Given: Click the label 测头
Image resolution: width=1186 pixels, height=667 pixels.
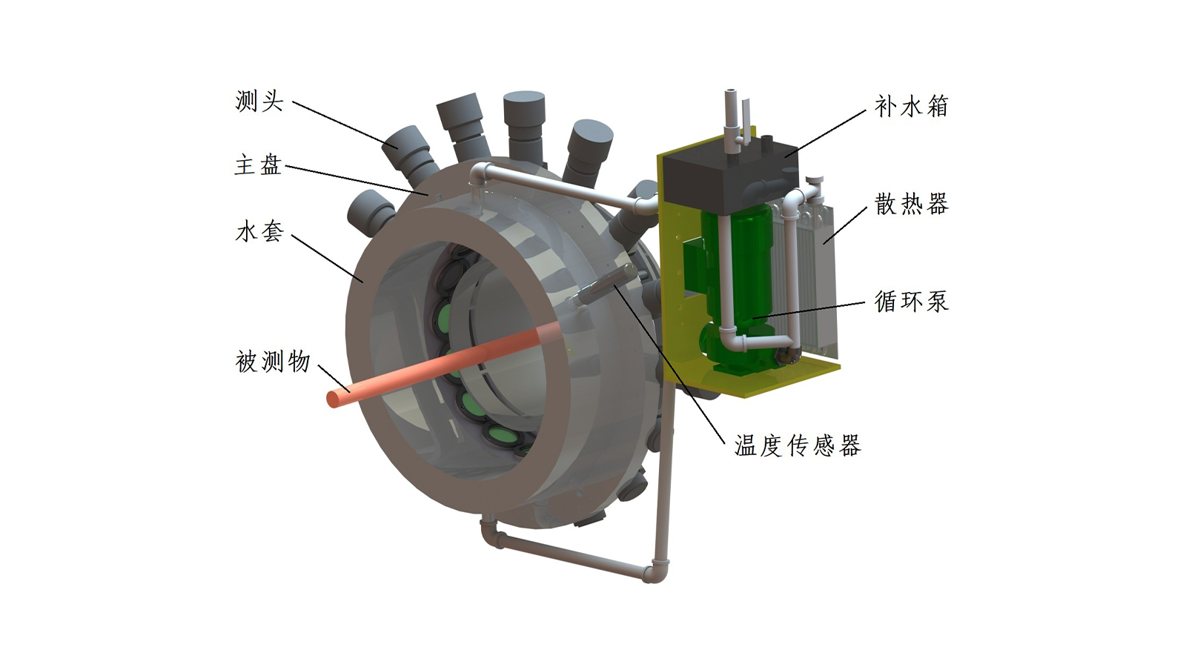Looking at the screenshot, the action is (259, 101).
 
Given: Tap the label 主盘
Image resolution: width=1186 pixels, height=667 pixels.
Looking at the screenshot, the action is (258, 165).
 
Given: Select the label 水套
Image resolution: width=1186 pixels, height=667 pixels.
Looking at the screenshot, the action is (259, 232).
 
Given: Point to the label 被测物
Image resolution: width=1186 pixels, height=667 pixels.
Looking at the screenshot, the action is (273, 362).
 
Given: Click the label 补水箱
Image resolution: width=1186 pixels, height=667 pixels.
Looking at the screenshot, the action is (912, 107).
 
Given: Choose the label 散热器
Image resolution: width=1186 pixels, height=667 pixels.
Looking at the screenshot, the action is (912, 205).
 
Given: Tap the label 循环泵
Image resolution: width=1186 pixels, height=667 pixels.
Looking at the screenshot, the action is (912, 302).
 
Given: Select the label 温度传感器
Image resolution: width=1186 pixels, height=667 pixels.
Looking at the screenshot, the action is (798, 445).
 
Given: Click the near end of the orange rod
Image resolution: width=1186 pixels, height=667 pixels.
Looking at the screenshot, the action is (334, 399).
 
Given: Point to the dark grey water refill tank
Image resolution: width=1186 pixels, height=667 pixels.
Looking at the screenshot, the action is (731, 175).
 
